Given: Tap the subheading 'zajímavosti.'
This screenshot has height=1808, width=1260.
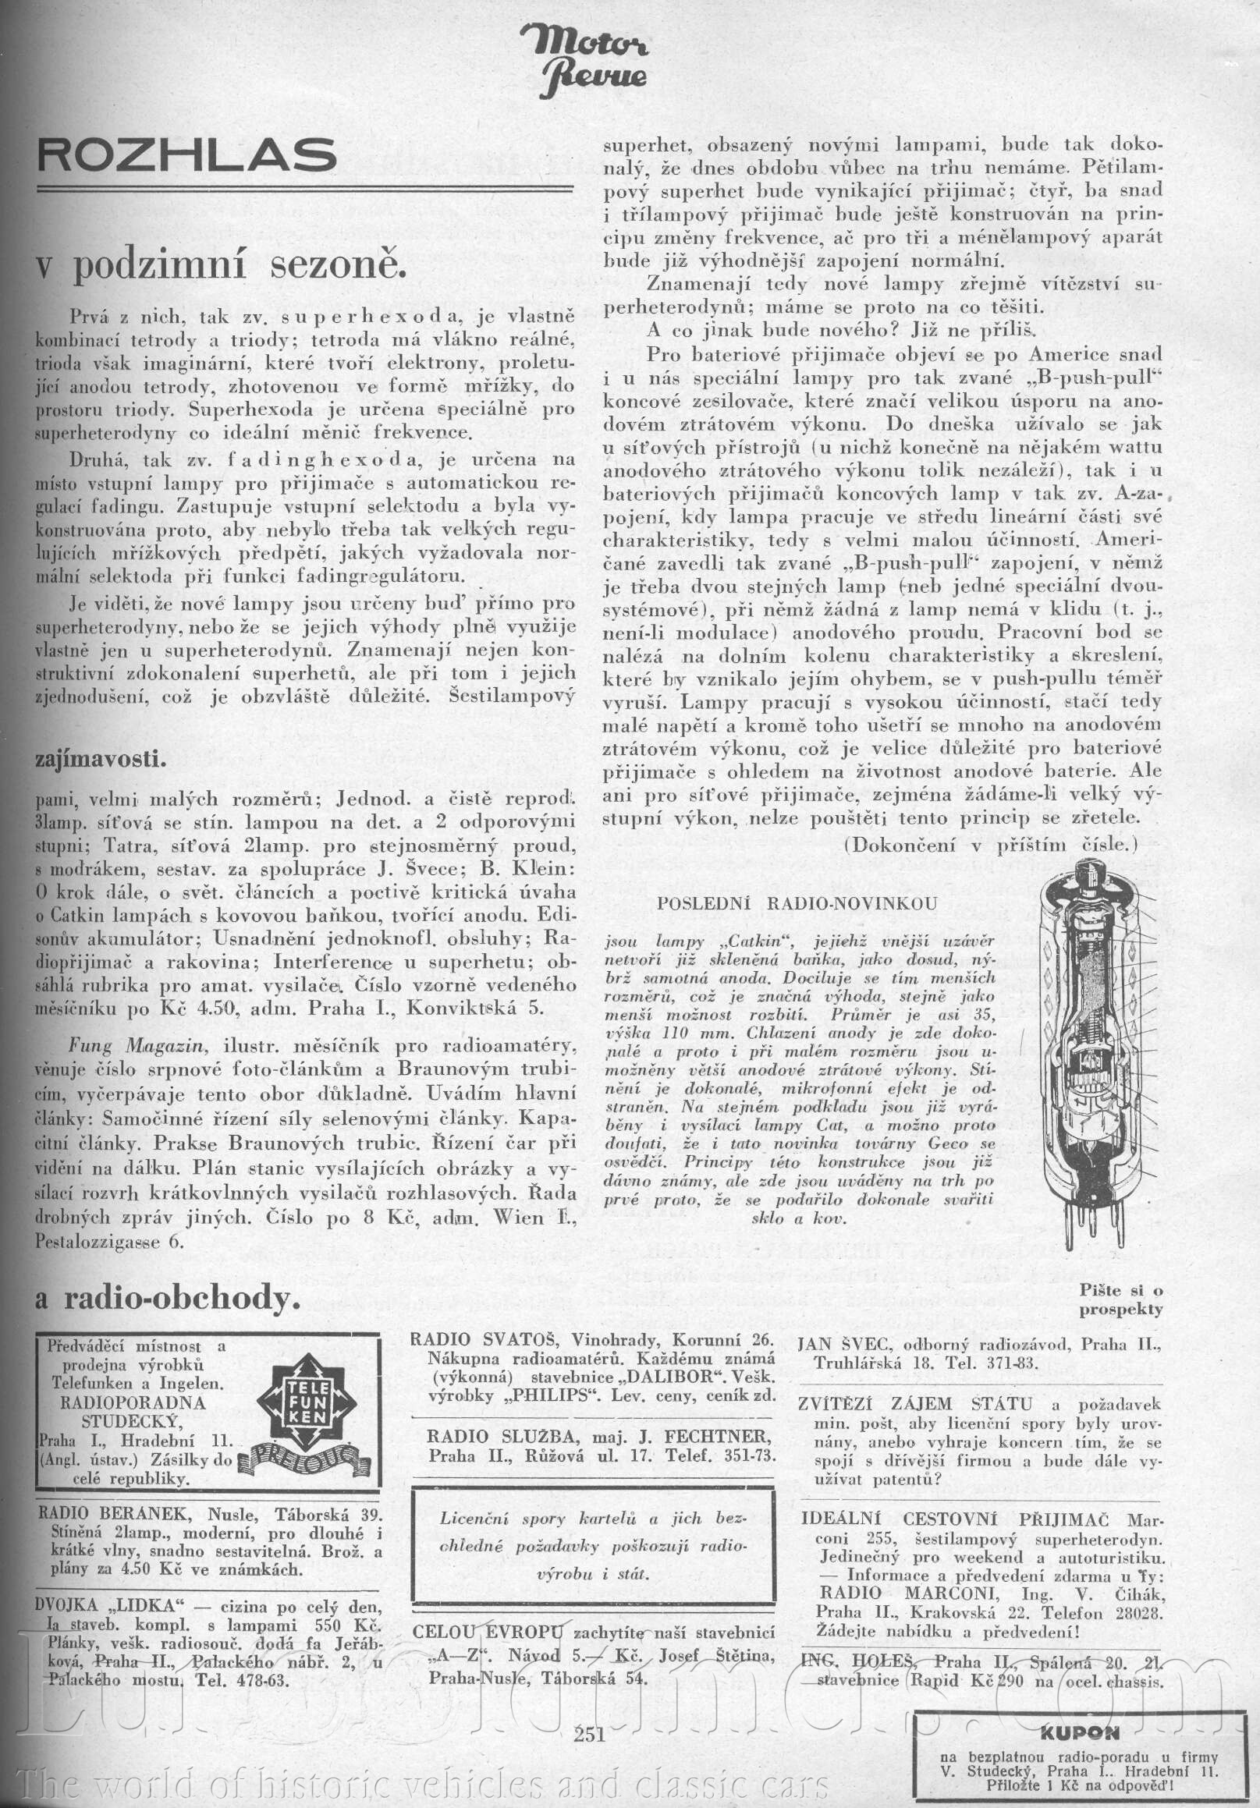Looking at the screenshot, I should coord(101,759).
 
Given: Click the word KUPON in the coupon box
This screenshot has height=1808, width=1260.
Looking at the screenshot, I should coord(1077,1732).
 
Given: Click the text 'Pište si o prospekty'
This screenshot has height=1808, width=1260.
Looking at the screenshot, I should coord(1120,1300).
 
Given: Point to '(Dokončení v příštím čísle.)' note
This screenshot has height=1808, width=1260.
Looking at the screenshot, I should coord(991,845).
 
